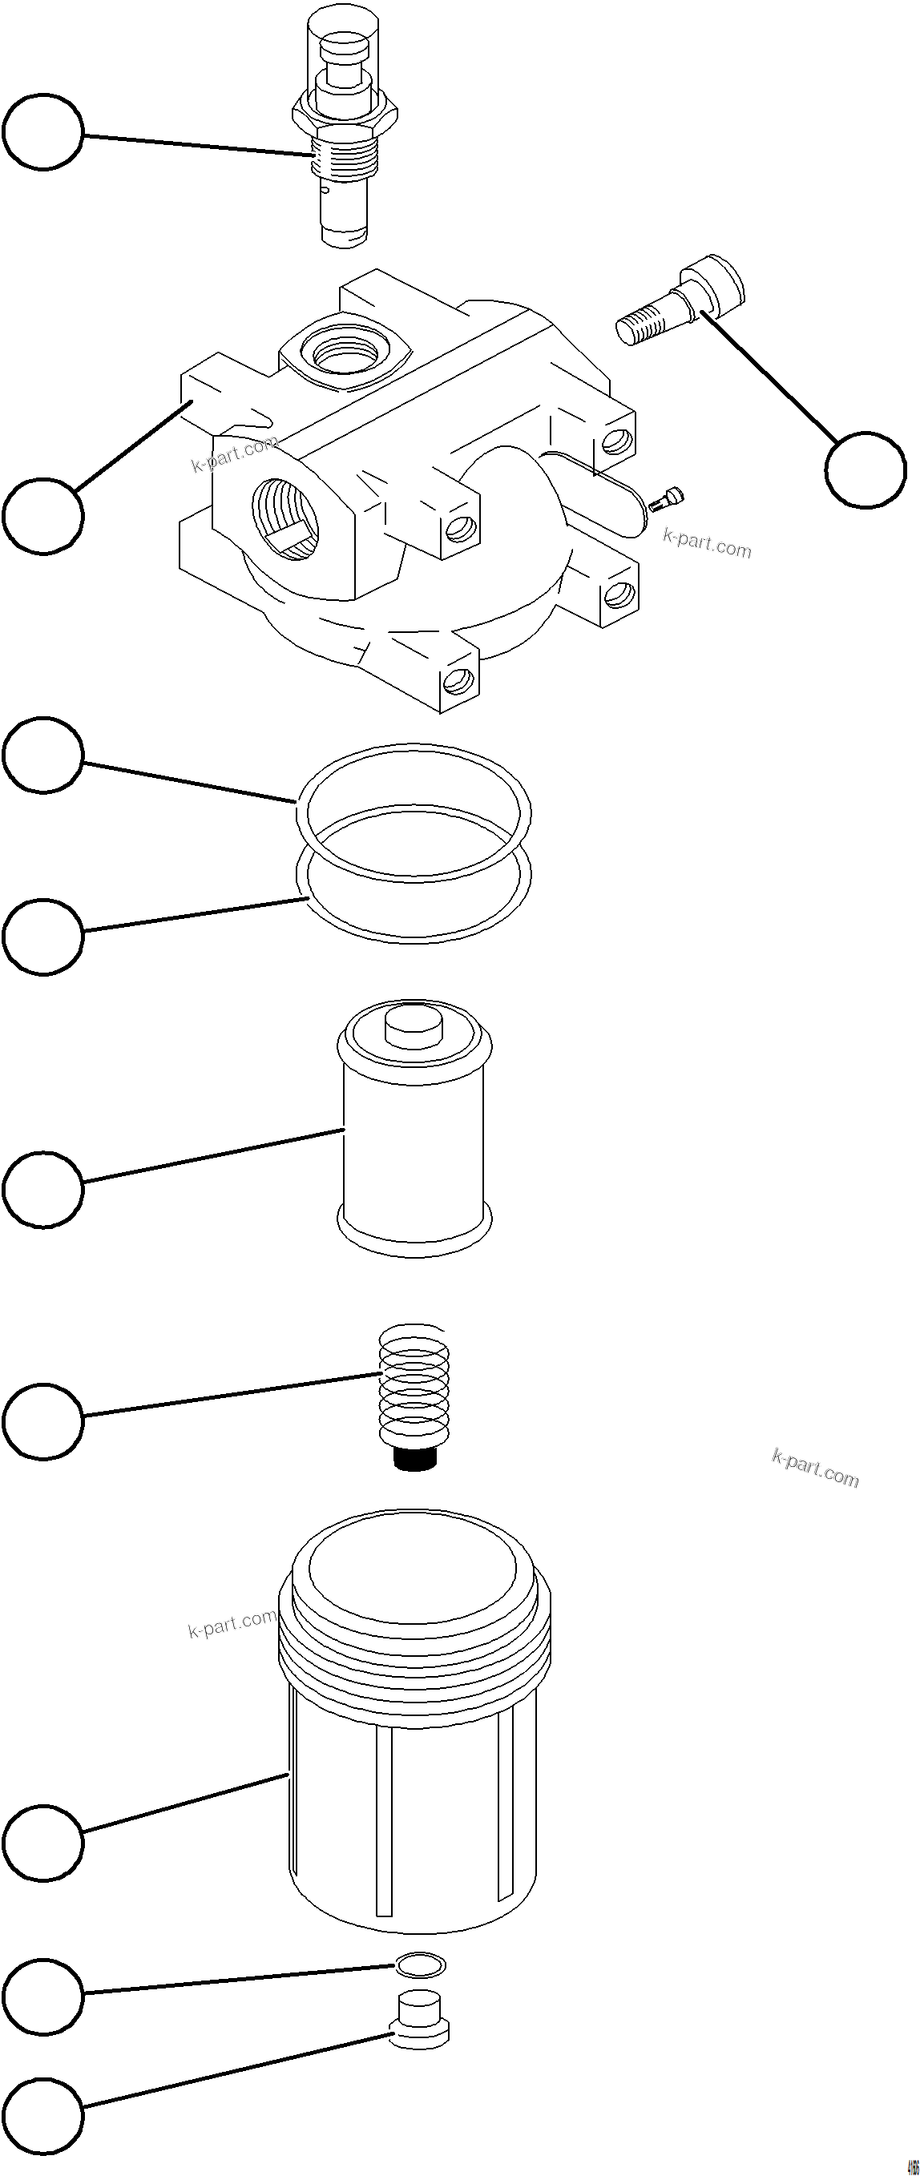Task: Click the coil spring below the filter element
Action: point(414,1384)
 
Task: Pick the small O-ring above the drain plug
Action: point(418,1964)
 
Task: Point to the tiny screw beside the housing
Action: point(666,500)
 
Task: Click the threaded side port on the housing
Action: point(284,518)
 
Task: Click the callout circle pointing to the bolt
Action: point(865,470)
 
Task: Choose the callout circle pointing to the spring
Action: point(43,1421)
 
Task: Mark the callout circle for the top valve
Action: point(43,132)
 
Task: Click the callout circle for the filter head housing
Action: point(43,515)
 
